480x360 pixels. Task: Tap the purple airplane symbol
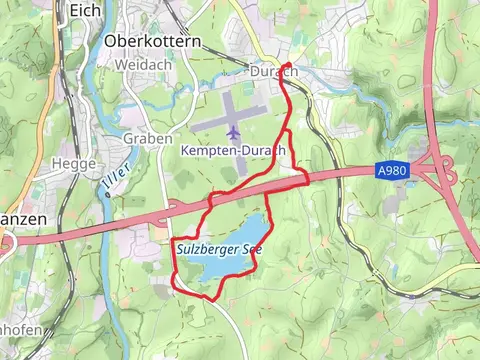point(233,131)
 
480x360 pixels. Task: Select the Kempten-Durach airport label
point(233,150)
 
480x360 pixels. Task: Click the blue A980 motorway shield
point(392,171)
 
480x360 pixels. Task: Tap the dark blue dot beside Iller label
point(107,195)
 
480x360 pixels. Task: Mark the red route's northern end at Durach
point(289,66)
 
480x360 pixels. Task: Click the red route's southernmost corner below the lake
point(211,298)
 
